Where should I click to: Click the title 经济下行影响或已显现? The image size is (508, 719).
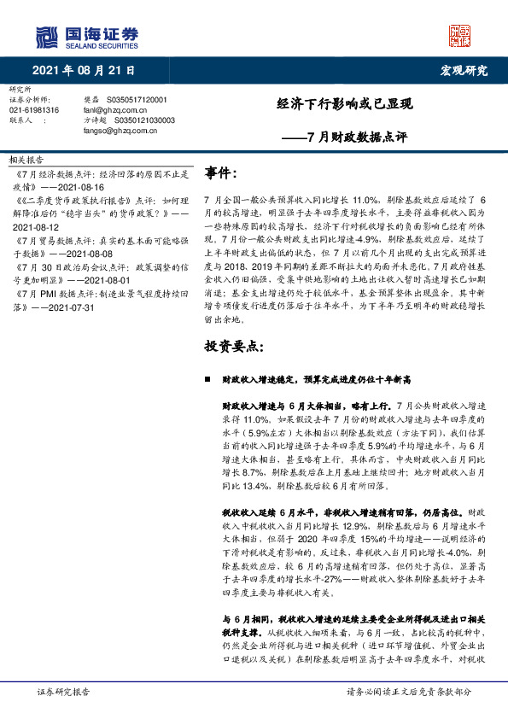click(345, 104)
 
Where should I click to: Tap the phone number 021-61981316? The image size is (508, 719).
click(34, 110)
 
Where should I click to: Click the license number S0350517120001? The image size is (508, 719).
click(138, 100)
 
